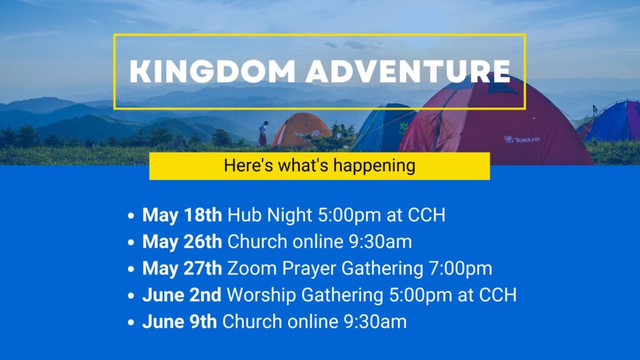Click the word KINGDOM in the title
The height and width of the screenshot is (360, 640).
(212, 72)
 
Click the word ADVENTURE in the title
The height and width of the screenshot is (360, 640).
(409, 72)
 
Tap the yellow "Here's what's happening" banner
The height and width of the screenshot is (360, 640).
(319, 166)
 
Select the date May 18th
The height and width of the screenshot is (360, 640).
(182, 215)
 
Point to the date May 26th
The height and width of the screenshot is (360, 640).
(182, 242)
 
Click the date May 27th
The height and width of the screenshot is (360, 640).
(182, 268)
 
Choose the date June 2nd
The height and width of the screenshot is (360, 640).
(182, 295)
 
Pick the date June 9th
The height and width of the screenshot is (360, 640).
(179, 322)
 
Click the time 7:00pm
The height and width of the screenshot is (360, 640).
(461, 269)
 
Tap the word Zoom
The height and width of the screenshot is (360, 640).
(252, 269)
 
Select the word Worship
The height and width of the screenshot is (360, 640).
(261, 296)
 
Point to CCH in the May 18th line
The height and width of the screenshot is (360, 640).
(426, 215)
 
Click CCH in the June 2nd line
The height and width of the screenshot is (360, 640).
(497, 295)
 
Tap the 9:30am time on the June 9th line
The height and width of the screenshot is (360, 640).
(375, 322)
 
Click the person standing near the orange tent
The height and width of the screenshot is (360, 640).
(263, 134)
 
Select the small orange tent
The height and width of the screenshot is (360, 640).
(300, 130)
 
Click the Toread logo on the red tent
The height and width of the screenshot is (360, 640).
(522, 139)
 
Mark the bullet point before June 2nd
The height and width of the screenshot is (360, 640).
(131, 296)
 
